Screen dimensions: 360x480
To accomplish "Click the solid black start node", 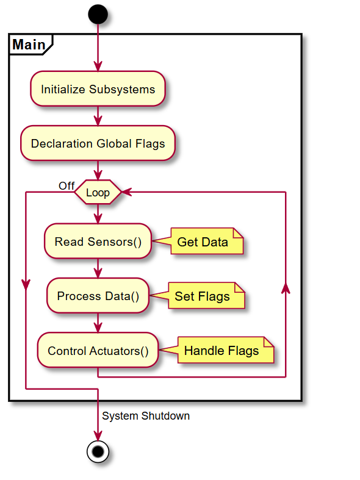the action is tap(98, 15).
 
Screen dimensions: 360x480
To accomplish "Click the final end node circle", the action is tap(98, 451).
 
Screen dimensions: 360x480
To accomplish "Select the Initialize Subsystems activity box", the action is tap(98, 89).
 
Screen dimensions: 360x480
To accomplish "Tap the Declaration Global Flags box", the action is tap(98, 143).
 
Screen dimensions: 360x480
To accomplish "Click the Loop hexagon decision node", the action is tap(98, 192).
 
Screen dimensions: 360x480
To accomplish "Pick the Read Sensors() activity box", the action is tap(98, 242).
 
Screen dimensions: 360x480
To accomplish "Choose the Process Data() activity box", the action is tap(98, 296).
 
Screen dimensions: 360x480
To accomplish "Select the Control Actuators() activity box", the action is tap(98, 350).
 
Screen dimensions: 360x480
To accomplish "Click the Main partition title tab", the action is tap(31, 45).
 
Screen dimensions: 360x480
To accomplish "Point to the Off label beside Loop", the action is tap(67, 185).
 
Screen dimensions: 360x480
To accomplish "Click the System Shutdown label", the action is tap(146, 416).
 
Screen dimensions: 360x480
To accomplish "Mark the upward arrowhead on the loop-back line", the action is tap(286, 288).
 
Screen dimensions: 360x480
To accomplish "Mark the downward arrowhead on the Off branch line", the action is tap(26, 285).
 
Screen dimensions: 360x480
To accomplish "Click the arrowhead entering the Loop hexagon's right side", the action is tap(127, 192).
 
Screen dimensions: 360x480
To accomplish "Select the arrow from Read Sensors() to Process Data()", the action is tap(98, 268).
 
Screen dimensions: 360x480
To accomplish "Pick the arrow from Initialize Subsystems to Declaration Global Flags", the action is tap(98, 116).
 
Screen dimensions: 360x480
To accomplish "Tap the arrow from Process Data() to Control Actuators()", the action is tap(98, 323).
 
